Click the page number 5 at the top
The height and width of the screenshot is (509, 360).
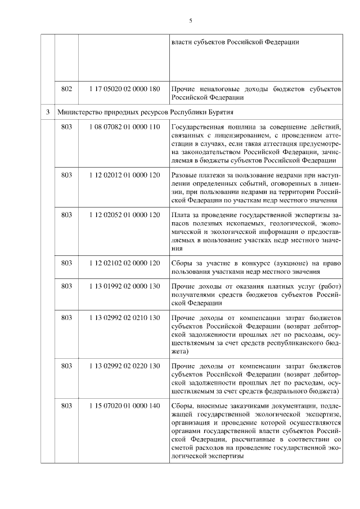tap(190, 21)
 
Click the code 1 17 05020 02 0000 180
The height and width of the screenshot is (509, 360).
tap(124, 88)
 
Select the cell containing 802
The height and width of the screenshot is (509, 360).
tap(66, 88)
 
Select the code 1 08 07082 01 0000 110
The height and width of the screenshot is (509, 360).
tap(124, 128)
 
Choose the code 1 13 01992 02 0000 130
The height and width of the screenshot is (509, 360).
tap(124, 286)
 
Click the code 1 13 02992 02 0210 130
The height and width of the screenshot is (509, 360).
tap(124, 318)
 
